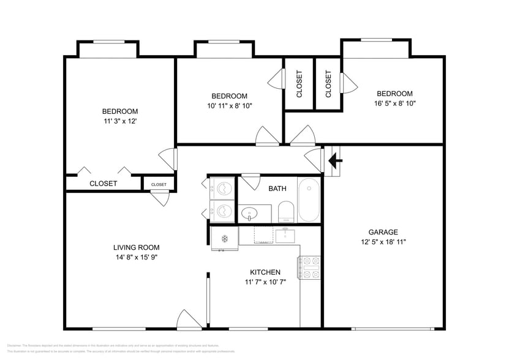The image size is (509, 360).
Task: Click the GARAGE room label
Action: pos(383,232)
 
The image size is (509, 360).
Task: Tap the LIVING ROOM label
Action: pos(135,247)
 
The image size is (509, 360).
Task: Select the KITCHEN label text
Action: pos(265,272)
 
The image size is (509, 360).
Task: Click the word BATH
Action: pos(277,189)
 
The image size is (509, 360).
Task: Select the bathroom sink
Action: pos(249,214)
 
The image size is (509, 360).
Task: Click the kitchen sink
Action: pos(285,234)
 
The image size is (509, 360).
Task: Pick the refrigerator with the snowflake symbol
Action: pos(224,238)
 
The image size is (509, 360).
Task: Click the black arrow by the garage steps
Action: pos(335,161)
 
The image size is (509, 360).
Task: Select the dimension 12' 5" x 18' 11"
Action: pos(383,242)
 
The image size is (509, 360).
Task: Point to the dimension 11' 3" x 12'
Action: pos(119,121)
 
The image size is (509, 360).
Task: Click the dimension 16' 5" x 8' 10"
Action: pos(394,103)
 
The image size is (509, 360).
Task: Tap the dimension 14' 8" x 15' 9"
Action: pos(135,257)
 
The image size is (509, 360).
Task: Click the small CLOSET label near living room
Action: pos(159,184)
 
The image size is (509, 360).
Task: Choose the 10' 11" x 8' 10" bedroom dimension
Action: pos(230,105)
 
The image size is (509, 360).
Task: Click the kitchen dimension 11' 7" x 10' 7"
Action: pos(265,282)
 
